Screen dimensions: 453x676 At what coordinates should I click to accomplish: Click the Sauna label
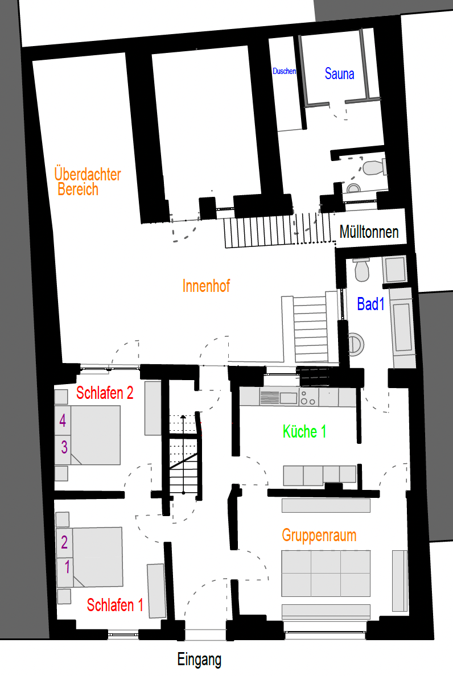pos(339,74)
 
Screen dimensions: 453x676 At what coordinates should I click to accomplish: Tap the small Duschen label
pos(285,71)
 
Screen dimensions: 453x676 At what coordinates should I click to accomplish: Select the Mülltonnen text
pos(369,232)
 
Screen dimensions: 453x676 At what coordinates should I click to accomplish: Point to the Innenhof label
pos(206,286)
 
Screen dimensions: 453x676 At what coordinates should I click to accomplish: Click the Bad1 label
pos(370,304)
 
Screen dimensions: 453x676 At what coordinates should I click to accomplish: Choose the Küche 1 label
pos(304,431)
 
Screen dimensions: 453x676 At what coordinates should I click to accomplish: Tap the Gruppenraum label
pos(319,535)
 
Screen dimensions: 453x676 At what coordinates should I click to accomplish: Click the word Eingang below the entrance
pos(199,659)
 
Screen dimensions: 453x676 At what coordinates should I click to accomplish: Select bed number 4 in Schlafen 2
pos(63,421)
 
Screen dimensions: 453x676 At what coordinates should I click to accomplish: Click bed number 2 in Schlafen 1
pos(64,542)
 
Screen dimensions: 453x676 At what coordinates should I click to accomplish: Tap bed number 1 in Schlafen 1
pos(67,567)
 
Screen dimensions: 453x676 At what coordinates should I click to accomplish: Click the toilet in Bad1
pos(361,270)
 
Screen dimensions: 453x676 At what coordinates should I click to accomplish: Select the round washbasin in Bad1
pos(355,344)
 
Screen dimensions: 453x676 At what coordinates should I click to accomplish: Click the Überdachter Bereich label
pos(88,182)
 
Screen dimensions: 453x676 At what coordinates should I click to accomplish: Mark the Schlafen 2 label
pos(105,393)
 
